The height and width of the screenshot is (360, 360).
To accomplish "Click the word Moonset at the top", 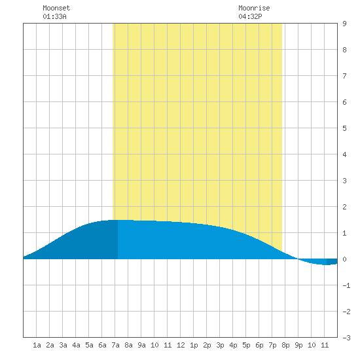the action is (x=56, y=8).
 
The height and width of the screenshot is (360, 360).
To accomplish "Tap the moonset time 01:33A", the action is (x=54, y=16).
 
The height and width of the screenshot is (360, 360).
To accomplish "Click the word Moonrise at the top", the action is (x=254, y=8).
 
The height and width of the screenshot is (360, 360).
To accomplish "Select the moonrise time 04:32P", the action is (x=250, y=16).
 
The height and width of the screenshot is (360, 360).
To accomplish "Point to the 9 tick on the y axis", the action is (x=344, y=24).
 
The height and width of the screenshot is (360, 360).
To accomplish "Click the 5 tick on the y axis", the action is (x=344, y=128).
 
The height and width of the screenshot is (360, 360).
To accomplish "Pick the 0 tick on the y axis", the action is (x=344, y=259).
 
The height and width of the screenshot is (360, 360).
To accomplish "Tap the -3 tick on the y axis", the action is (x=346, y=338).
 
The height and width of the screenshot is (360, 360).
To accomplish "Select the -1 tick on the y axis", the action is (x=346, y=285).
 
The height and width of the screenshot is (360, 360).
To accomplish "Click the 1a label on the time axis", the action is (x=37, y=345).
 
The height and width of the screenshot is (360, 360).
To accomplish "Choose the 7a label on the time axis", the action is (x=115, y=345).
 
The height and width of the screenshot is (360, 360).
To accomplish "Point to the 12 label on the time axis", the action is (x=181, y=345).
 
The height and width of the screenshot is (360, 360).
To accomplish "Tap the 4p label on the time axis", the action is (x=233, y=345).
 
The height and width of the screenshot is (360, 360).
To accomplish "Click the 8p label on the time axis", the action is (x=285, y=345).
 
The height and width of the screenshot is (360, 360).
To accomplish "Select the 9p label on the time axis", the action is (x=298, y=345).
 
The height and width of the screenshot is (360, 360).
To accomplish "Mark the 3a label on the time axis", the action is (x=63, y=345).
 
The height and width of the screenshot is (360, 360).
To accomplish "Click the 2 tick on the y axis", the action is (x=344, y=207).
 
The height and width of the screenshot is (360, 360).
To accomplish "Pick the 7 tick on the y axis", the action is (x=344, y=76).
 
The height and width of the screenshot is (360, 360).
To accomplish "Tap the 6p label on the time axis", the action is (x=259, y=345).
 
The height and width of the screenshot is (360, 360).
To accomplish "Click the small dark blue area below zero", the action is (x=332, y=262).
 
